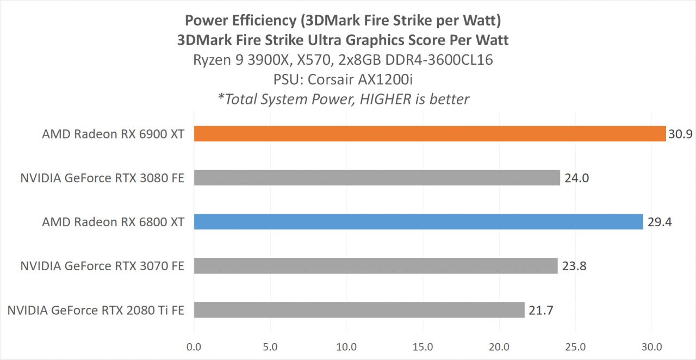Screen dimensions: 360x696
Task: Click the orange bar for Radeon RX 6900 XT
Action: (x=430, y=134)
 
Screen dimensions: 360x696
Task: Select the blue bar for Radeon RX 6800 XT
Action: (x=418, y=222)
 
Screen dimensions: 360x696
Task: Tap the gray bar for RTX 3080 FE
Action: (x=377, y=178)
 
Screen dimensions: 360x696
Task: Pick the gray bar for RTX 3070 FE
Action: (x=376, y=266)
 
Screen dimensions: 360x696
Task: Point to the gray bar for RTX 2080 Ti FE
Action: (x=359, y=310)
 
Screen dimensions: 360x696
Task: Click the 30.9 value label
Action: (x=680, y=134)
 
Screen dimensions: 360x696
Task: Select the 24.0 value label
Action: (x=575, y=178)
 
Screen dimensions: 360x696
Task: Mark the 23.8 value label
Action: (x=573, y=266)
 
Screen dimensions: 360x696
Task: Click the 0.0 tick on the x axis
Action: (x=194, y=346)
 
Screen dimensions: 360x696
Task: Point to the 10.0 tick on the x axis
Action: (x=346, y=346)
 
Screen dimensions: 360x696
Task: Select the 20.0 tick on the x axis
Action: (x=499, y=346)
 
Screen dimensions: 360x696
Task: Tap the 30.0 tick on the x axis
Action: (x=652, y=346)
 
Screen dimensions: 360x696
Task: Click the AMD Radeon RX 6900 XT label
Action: (x=111, y=134)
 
